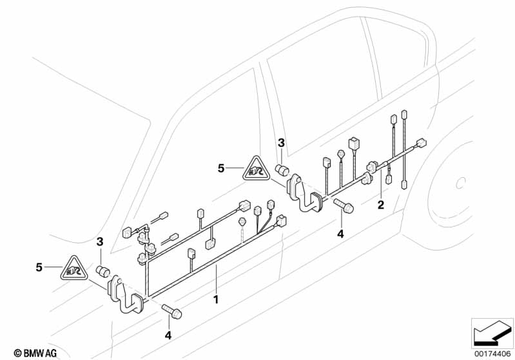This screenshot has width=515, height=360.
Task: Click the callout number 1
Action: pyautogui.click(x=217, y=299)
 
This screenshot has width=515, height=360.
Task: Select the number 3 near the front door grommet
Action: pyautogui.click(x=100, y=242)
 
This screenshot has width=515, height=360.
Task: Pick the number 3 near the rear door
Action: pyautogui.click(x=281, y=142)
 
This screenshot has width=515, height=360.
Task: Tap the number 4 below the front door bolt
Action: pyautogui.click(x=169, y=335)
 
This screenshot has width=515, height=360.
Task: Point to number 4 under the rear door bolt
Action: pyautogui.click(x=340, y=232)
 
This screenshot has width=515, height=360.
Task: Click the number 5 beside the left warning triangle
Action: pyautogui.click(x=39, y=267)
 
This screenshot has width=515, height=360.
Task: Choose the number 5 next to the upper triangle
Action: pyautogui.click(x=220, y=169)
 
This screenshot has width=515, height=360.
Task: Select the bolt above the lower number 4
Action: pyautogui.click(x=173, y=312)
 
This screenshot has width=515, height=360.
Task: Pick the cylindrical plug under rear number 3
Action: pyautogui.click(x=282, y=171)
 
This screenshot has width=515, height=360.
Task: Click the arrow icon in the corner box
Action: pyautogui.click(x=491, y=332)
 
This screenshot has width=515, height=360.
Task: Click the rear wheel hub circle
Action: pyautogui.click(x=460, y=184)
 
